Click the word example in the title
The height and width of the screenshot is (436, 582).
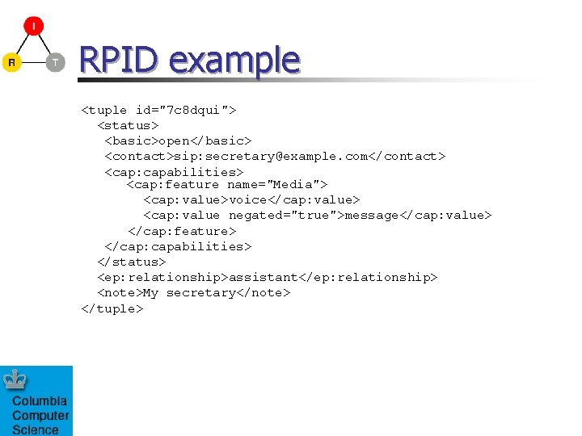pyautogui.click(x=234, y=61)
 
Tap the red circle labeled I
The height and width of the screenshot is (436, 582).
pyautogui.click(x=34, y=27)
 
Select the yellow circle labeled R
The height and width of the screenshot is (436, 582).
pyautogui.click(x=11, y=62)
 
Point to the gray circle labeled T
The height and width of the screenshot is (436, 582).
pyautogui.click(x=55, y=62)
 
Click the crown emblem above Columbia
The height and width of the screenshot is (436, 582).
pyautogui.click(x=15, y=379)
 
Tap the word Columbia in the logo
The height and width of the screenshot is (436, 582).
pyautogui.click(x=40, y=401)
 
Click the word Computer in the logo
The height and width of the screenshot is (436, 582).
pyautogui.click(x=40, y=416)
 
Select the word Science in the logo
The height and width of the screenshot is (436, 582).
pyautogui.click(x=36, y=430)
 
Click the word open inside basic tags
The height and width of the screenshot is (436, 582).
pyautogui.click(x=174, y=140)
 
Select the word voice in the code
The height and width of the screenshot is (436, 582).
pyautogui.click(x=248, y=199)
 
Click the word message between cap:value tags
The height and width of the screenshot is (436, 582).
pyautogui.click(x=373, y=215)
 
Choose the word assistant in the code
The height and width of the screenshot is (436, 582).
pyautogui.click(x=264, y=277)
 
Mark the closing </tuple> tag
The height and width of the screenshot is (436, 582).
pyautogui.click(x=112, y=308)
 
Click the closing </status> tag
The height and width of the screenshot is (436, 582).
pyautogui.click(x=132, y=262)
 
